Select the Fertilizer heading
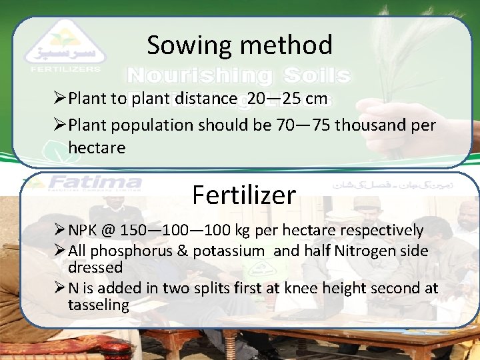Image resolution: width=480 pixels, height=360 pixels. [243, 195]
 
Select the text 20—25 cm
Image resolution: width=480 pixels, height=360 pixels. [287, 99]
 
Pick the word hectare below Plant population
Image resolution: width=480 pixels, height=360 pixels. [97, 147]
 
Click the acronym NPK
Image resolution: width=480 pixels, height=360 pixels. [85, 231]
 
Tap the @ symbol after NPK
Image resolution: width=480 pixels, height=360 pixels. [109, 231]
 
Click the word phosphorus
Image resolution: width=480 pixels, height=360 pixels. [126, 251]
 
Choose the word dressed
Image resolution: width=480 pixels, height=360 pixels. [95, 267]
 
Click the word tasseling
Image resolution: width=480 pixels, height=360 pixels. [98, 305]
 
